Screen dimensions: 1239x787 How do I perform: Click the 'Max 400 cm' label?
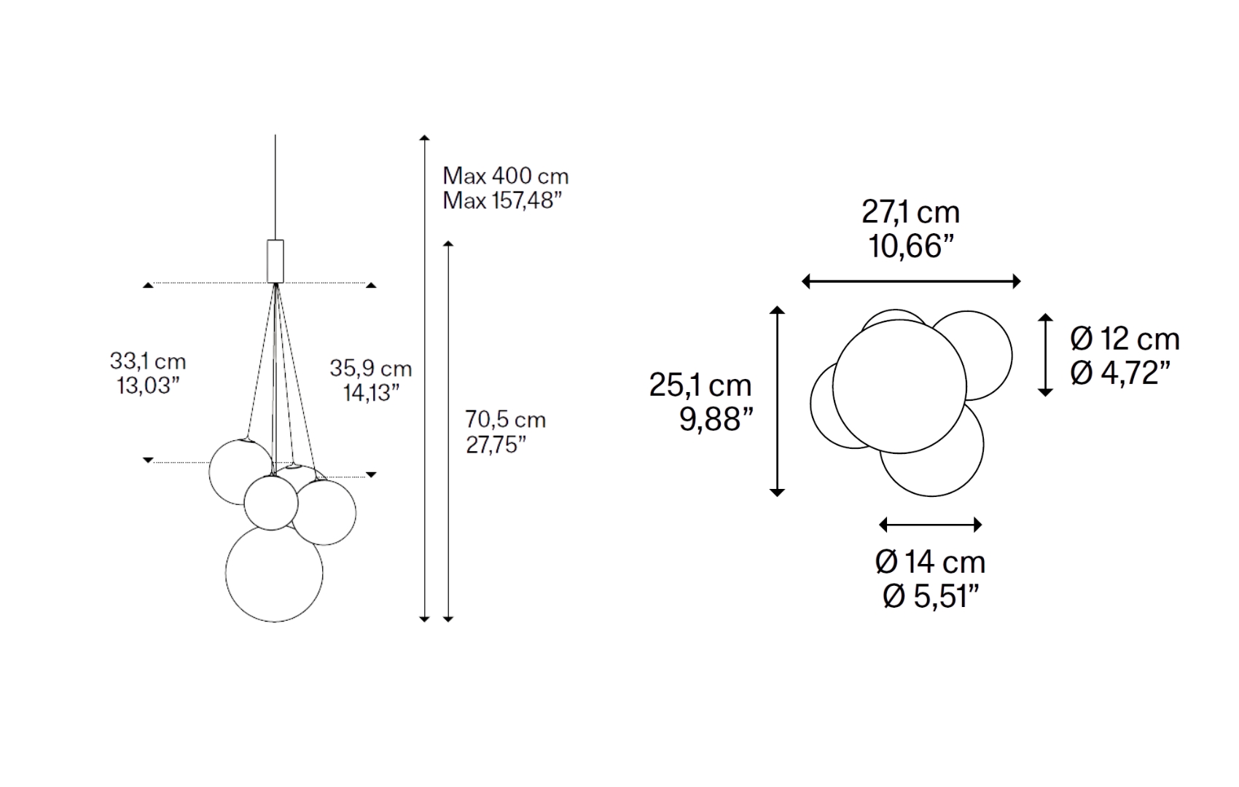(x=506, y=176)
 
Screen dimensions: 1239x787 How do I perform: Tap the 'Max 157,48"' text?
(x=502, y=200)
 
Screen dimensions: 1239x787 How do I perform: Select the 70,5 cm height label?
(x=506, y=419)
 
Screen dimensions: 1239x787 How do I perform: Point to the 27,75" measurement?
(x=496, y=444)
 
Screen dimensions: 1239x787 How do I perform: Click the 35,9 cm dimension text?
(x=371, y=368)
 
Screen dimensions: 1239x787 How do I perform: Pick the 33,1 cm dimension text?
(x=148, y=361)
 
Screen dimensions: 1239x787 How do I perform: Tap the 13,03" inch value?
(x=148, y=385)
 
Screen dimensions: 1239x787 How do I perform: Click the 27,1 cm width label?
(x=910, y=212)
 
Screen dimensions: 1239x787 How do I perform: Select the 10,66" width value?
(x=912, y=246)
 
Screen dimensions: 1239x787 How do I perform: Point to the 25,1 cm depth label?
(x=700, y=385)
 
